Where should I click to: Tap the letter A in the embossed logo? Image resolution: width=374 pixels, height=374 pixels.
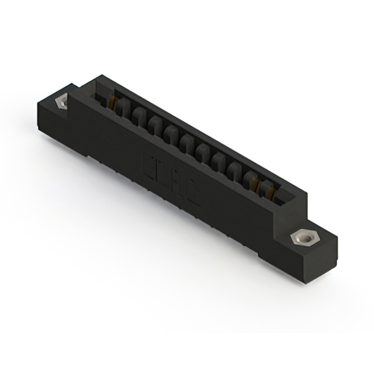pos(178,185)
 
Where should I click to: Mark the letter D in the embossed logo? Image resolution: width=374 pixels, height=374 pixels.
pos(163,175)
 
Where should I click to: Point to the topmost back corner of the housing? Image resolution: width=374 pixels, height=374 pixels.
pos(102,76)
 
